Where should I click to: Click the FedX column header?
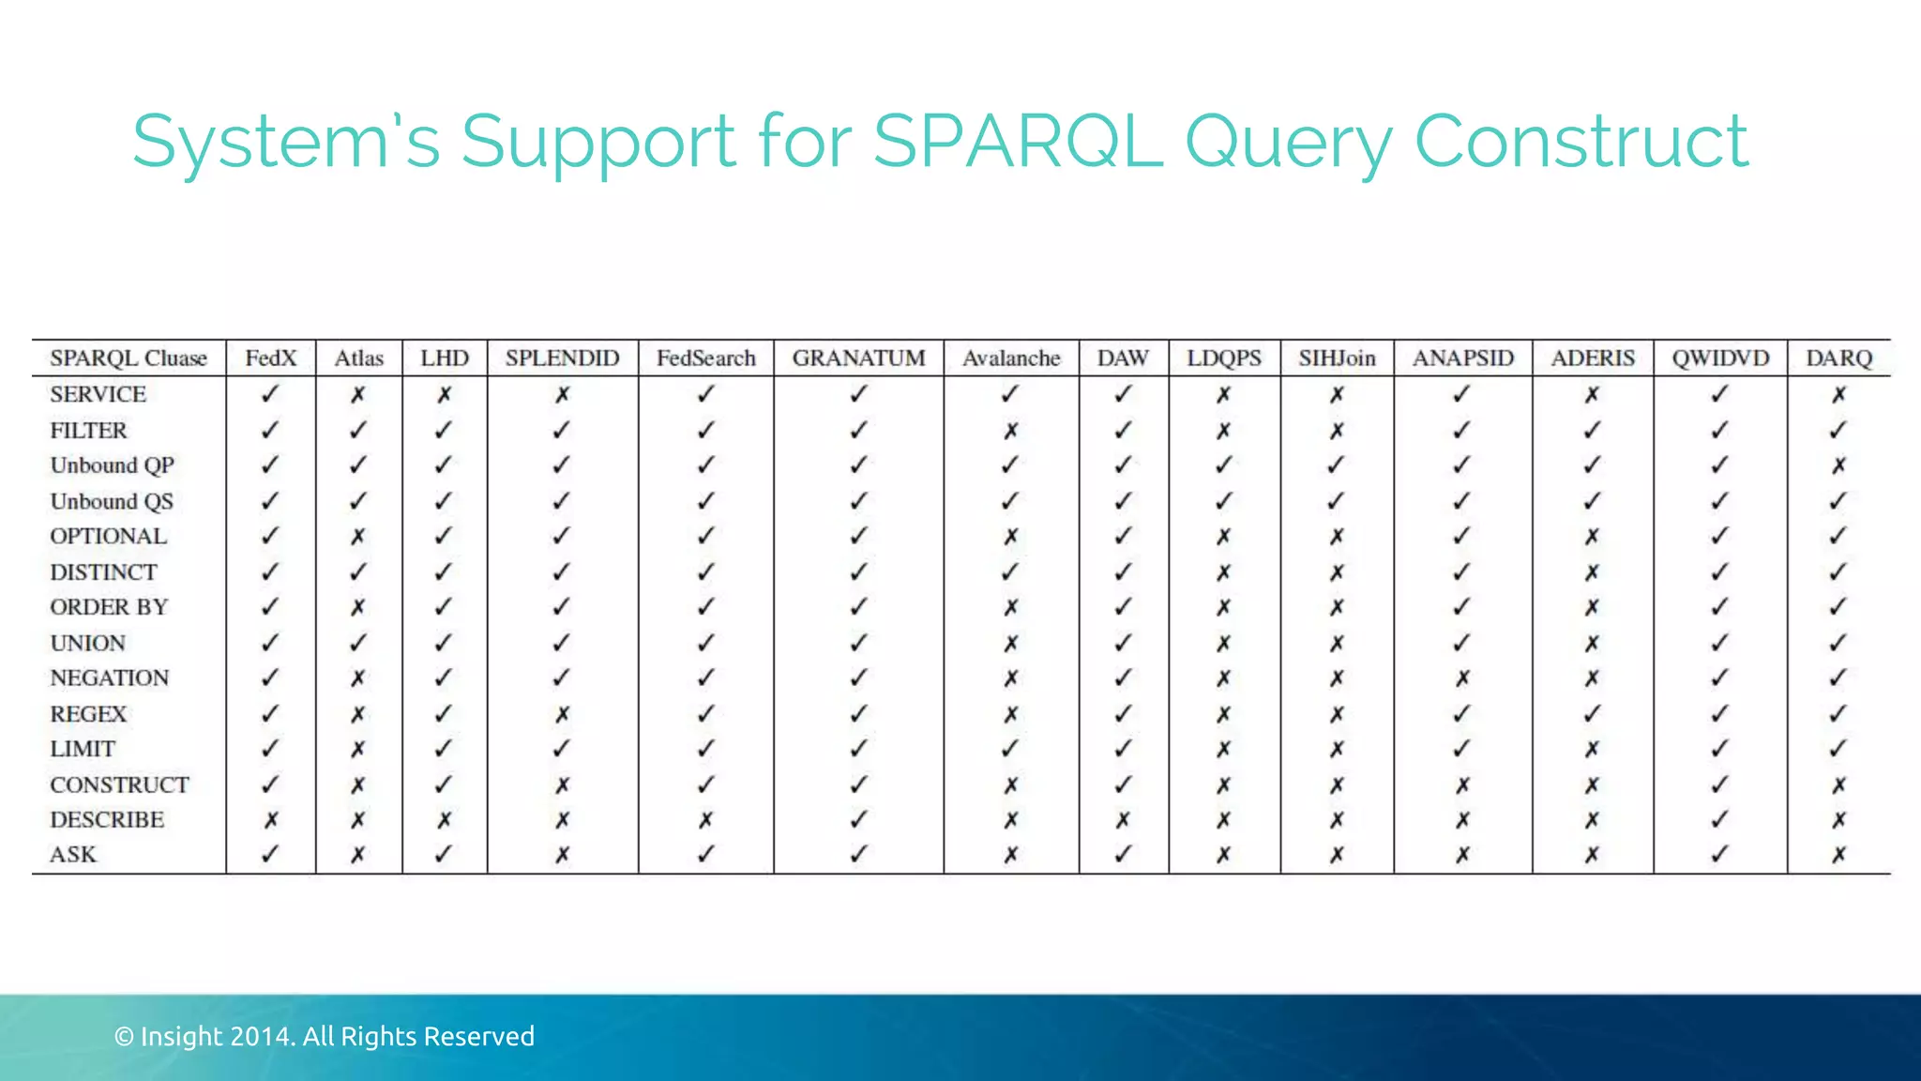tap(270, 358)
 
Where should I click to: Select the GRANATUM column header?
tap(858, 358)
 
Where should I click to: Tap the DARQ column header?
tap(1838, 358)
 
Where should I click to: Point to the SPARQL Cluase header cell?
tap(129, 358)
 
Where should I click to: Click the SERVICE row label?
tap(98, 394)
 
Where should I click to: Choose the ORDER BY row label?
tap(109, 607)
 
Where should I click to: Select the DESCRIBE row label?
tap(107, 819)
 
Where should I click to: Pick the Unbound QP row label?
tap(112, 465)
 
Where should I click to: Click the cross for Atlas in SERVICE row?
tap(357, 395)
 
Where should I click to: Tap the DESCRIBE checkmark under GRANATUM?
tap(858, 819)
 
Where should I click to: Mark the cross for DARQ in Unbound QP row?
tap(1838, 465)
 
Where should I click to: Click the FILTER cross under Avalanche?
tap(1010, 431)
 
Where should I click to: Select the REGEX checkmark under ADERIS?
tap(1592, 713)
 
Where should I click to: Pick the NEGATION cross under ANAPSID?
tap(1462, 678)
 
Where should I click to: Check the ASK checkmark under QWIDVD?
tap(1718, 854)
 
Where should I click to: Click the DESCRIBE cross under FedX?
tap(270, 820)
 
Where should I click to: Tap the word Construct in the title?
tap(1581, 141)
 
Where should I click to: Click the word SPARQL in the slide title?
tap(1018, 141)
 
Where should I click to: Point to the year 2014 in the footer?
tap(263, 1036)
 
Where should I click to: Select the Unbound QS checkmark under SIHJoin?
tap(1336, 501)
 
